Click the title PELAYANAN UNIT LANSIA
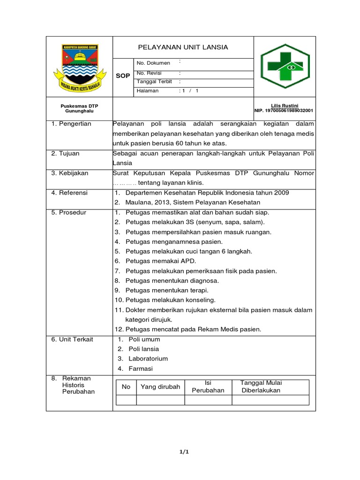[183, 47]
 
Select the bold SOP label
[123, 75]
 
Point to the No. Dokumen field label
[153, 63]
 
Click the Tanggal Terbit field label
[154, 82]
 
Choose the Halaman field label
[148, 91]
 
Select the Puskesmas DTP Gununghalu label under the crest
[79, 108]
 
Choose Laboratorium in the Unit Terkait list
[148, 359]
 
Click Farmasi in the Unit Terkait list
[141, 368]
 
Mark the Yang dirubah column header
[160, 387]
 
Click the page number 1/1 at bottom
[183, 452]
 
